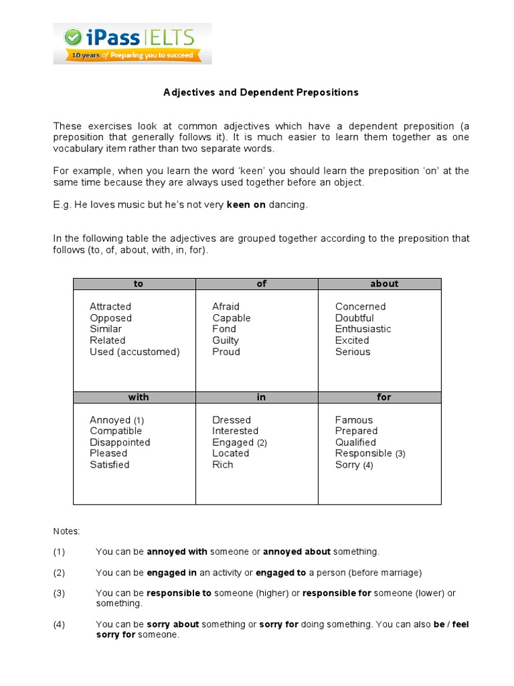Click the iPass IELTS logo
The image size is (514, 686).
click(133, 44)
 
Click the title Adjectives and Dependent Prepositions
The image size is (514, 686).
click(261, 92)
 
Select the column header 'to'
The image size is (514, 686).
click(139, 284)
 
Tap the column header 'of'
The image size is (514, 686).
click(261, 284)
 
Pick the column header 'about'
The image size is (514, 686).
click(384, 284)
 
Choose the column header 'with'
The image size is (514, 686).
click(139, 397)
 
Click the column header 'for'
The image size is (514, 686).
click(384, 397)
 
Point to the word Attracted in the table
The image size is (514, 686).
click(110, 307)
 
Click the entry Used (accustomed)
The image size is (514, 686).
click(135, 352)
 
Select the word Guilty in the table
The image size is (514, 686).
click(226, 340)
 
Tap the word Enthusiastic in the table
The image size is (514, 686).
click(363, 329)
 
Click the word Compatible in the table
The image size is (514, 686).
click(116, 431)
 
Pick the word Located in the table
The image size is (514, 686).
click(230, 454)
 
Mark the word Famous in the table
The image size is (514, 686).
click(354, 420)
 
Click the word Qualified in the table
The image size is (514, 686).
click(355, 442)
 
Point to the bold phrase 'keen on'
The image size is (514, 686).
click(246, 205)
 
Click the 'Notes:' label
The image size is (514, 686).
click(66, 531)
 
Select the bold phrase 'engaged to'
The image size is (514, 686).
click(283, 573)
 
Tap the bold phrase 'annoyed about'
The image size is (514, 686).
click(296, 552)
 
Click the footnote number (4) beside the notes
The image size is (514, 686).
click(59, 624)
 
